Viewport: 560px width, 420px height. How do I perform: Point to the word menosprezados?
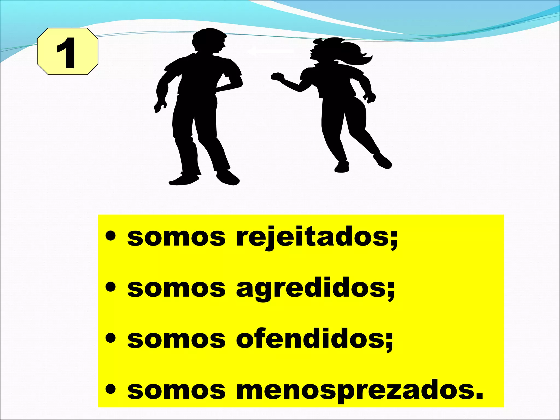[355, 390]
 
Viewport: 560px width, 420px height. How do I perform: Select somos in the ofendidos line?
[176, 339]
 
